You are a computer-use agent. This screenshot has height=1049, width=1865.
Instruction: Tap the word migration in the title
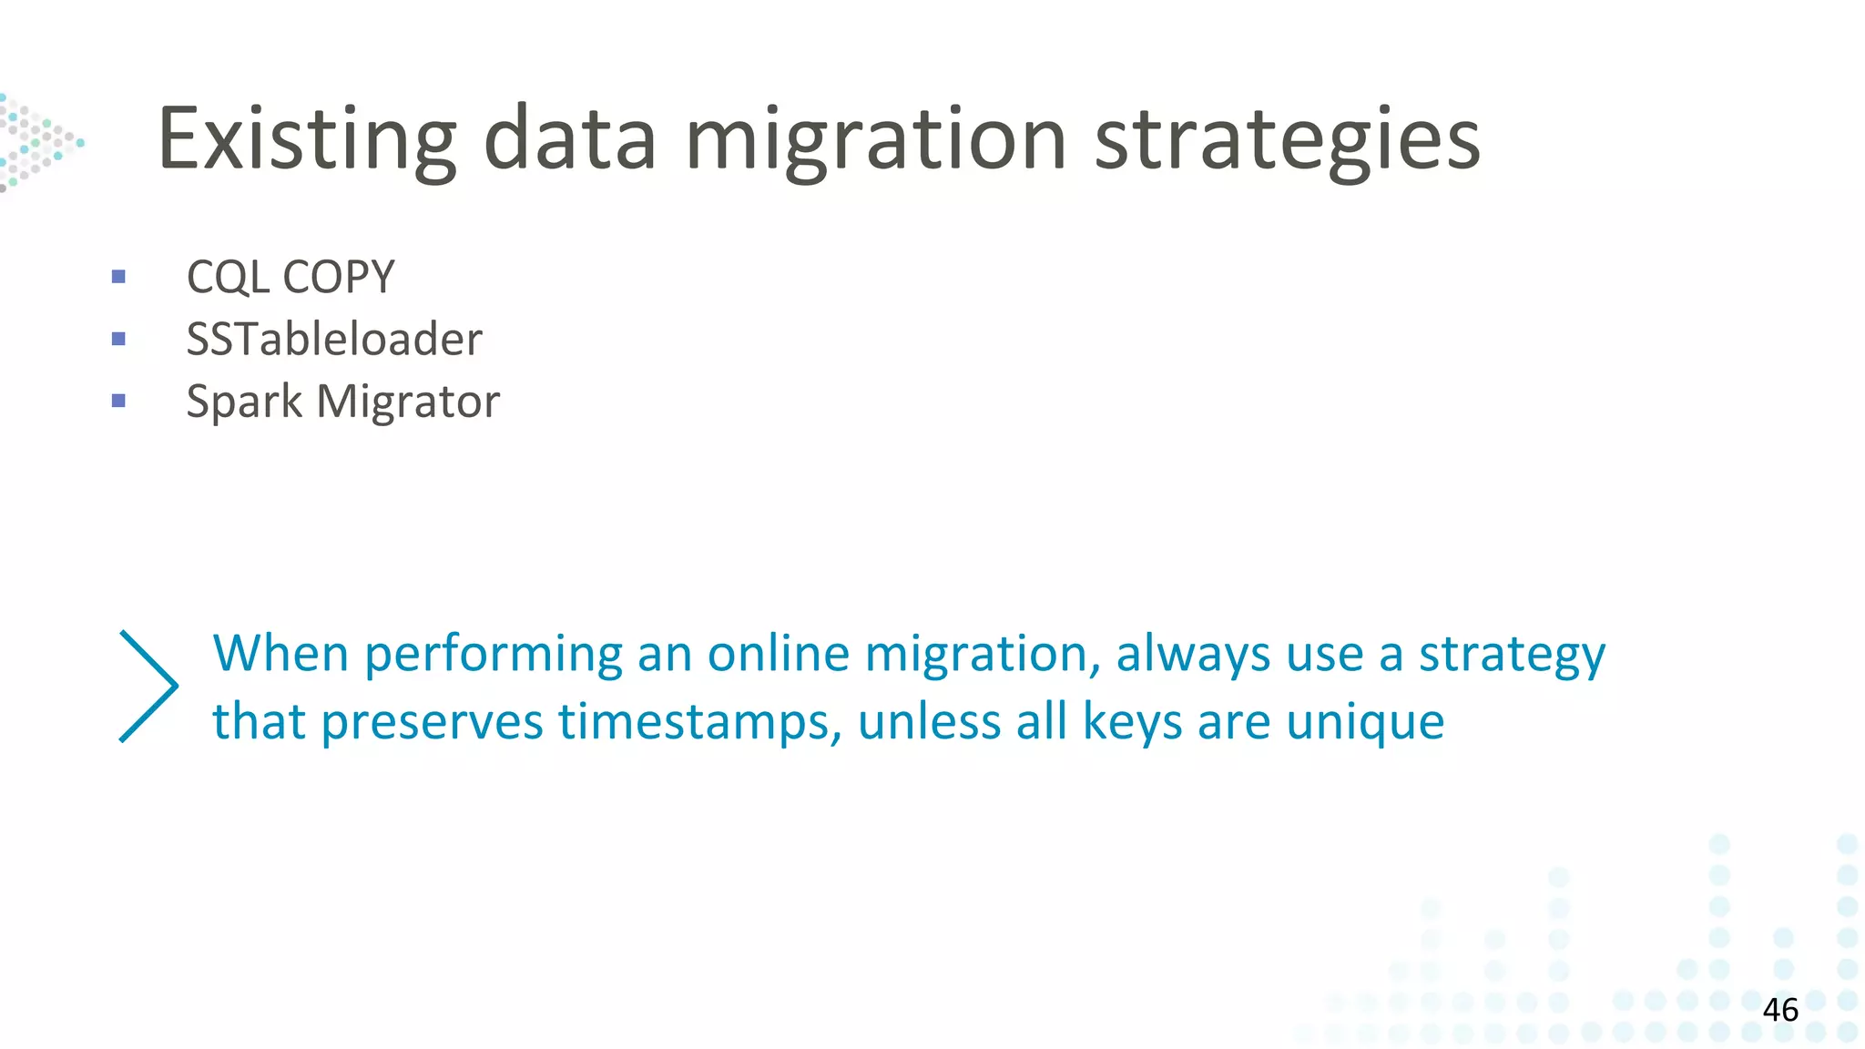pyautogui.click(x=875, y=139)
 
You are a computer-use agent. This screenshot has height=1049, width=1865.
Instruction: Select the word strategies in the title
pyautogui.click(x=1287, y=139)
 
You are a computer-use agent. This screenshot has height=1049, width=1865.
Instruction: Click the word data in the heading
pyautogui.click(x=569, y=139)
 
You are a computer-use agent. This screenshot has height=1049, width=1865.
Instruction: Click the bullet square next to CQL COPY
pyautogui.click(x=118, y=277)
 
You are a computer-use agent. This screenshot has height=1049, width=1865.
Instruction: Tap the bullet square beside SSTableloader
pyautogui.click(x=118, y=339)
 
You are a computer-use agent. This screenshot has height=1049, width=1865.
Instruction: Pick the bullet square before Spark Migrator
pyautogui.click(x=118, y=401)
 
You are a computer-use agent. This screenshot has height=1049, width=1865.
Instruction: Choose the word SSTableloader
pyautogui.click(x=334, y=339)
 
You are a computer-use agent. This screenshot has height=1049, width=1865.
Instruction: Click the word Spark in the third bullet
pyautogui.click(x=244, y=402)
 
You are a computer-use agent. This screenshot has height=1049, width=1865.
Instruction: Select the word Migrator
pyautogui.click(x=408, y=402)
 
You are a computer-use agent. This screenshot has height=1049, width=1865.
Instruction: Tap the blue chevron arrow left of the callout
pyautogui.click(x=148, y=686)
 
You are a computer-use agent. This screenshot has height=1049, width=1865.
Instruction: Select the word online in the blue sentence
pyautogui.click(x=779, y=654)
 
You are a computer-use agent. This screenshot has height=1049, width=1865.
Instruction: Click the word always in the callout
pyautogui.click(x=1193, y=654)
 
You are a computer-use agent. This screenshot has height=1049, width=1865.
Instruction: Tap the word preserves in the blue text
pyautogui.click(x=432, y=722)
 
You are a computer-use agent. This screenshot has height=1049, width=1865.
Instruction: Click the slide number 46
pyautogui.click(x=1780, y=1010)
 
